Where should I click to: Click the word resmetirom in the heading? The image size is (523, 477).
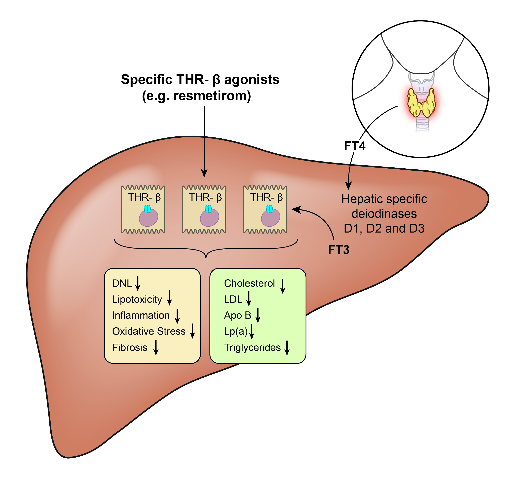point(212,96)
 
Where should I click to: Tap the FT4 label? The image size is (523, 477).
point(355,146)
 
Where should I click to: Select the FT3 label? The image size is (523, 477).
point(339,250)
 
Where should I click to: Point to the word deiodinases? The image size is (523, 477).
point(384,214)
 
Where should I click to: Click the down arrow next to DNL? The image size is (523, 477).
point(138,283)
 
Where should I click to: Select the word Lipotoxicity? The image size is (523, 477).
point(137,299)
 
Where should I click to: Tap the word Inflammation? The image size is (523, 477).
point(141,316)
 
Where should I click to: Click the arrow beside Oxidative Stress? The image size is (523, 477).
point(192,331)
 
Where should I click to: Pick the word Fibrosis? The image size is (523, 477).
point(130,347)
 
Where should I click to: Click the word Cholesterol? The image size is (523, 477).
point(249,283)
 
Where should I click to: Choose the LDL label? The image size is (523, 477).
point(233,299)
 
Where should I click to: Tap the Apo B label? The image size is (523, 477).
point(237,316)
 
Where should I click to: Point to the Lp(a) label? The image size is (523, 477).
point(236,331)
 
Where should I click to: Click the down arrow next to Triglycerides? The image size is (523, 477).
point(287,348)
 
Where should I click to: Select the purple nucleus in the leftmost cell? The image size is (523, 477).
point(148,218)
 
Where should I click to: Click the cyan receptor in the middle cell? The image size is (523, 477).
point(208,209)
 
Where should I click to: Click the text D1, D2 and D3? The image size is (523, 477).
point(384,228)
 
